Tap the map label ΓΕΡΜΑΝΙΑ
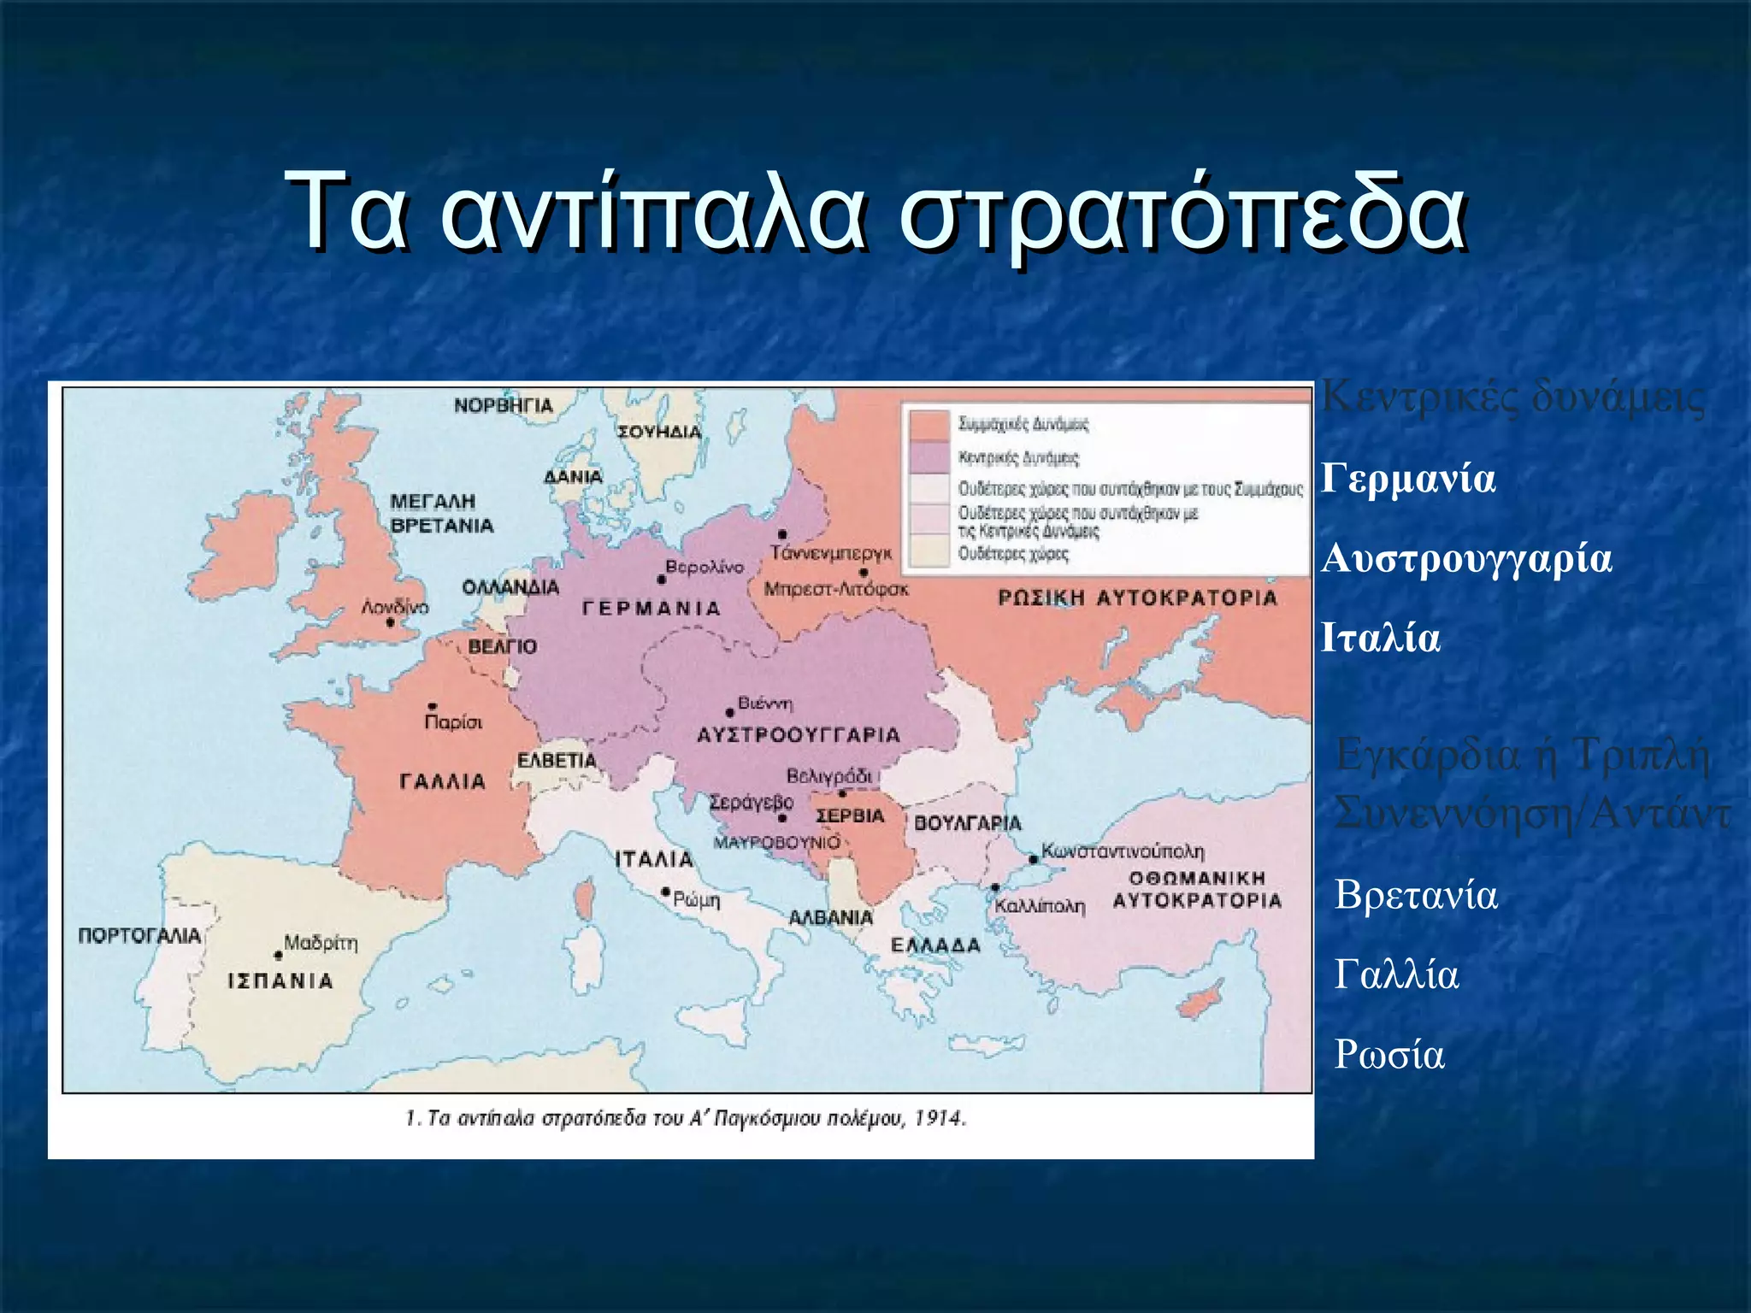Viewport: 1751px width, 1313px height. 651,609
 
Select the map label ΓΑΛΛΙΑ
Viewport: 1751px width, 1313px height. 443,781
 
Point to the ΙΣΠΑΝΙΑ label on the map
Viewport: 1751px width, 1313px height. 280,980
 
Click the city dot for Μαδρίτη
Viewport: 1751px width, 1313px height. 278,955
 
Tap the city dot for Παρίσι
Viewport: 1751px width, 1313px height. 433,707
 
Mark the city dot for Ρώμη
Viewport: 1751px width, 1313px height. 665,892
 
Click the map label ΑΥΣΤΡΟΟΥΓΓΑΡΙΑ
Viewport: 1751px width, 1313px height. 799,735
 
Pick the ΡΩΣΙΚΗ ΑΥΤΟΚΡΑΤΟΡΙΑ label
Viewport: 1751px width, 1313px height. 1137,598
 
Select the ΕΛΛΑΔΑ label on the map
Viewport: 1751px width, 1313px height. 935,945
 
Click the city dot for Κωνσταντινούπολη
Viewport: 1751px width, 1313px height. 1033,858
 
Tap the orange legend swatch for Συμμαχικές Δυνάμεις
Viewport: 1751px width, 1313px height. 929,425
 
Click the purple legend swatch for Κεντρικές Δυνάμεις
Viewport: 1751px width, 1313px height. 929,457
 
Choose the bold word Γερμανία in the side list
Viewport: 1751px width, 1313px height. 1408,479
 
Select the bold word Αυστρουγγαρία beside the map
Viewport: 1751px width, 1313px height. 1466,559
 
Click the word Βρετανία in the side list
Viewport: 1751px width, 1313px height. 1416,895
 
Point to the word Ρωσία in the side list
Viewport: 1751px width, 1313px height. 1389,1055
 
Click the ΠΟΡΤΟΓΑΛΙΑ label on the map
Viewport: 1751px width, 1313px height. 139,935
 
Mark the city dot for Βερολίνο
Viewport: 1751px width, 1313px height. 661,580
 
